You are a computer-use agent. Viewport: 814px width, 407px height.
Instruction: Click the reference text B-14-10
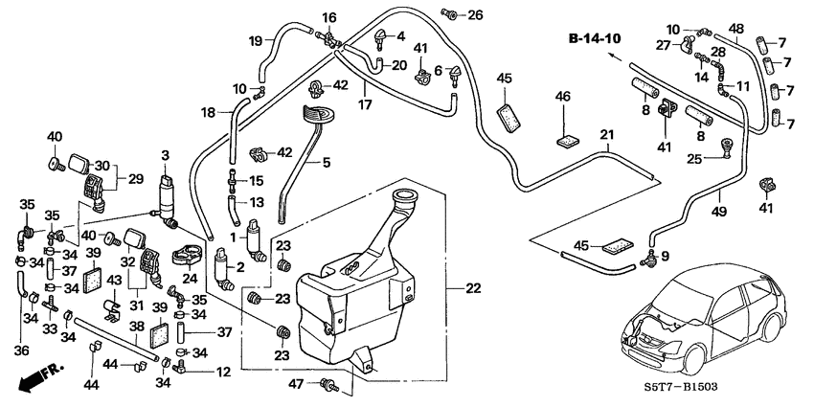(594, 39)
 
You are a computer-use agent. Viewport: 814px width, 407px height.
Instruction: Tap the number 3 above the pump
(165, 155)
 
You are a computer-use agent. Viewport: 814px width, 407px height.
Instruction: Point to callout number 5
(326, 164)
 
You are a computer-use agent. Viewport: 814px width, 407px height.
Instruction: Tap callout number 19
(256, 40)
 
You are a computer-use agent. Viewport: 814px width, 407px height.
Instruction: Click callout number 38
(136, 326)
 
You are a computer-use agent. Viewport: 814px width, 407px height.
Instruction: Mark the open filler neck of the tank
(406, 201)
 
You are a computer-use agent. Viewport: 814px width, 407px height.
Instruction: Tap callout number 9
(666, 256)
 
